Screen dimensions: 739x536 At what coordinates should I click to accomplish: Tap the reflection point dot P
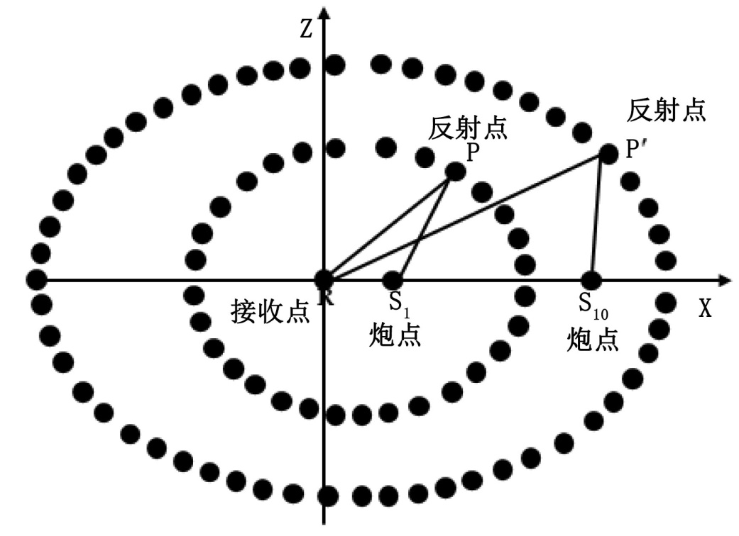(455, 171)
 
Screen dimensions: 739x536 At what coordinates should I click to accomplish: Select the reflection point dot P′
(608, 153)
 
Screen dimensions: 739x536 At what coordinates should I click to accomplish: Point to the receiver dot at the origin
(324, 279)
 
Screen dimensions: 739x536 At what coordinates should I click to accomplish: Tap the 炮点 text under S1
(395, 335)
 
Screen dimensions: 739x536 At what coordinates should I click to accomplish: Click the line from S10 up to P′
(596, 216)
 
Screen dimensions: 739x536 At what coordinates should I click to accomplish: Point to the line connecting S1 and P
(423, 225)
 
